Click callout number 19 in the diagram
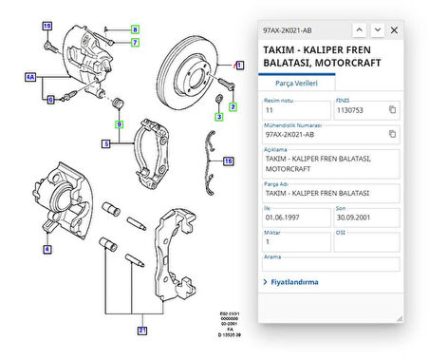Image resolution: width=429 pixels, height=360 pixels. (x=47, y=24)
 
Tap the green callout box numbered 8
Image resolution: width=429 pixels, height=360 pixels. (x=135, y=29)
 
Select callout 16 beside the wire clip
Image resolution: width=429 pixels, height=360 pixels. (x=228, y=161)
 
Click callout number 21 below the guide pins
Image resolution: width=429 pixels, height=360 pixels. (x=141, y=331)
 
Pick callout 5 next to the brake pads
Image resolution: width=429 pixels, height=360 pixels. (x=106, y=144)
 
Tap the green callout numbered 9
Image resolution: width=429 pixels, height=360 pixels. (x=119, y=124)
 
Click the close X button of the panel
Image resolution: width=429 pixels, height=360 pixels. (x=396, y=30)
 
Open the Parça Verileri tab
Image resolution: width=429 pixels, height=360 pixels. (x=295, y=84)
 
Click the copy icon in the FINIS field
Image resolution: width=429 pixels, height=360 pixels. (x=392, y=110)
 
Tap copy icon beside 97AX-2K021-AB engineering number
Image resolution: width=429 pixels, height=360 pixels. (x=392, y=136)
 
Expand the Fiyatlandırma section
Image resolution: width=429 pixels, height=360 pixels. (x=294, y=282)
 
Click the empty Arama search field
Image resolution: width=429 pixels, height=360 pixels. (x=330, y=265)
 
